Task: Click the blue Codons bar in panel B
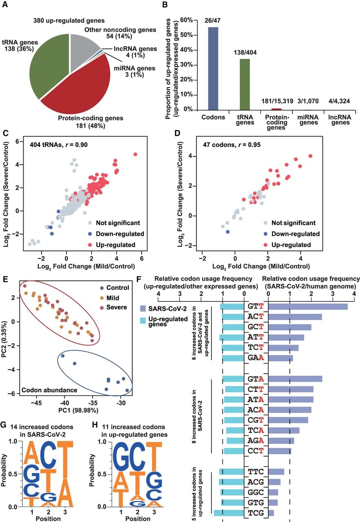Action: click(213, 69)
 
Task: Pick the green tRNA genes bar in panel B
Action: click(245, 84)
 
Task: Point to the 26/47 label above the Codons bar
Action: click(212, 20)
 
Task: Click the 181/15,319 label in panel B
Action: click(277, 101)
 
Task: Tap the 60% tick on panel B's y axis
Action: click(187, 20)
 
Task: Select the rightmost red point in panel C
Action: click(135, 154)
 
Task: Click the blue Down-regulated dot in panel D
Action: click(227, 232)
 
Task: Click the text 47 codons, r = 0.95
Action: click(232, 145)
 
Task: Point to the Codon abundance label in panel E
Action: click(49, 390)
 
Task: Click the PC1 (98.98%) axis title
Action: click(78, 410)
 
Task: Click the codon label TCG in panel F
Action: click(256, 513)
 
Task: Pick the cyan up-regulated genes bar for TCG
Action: click(229, 513)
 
